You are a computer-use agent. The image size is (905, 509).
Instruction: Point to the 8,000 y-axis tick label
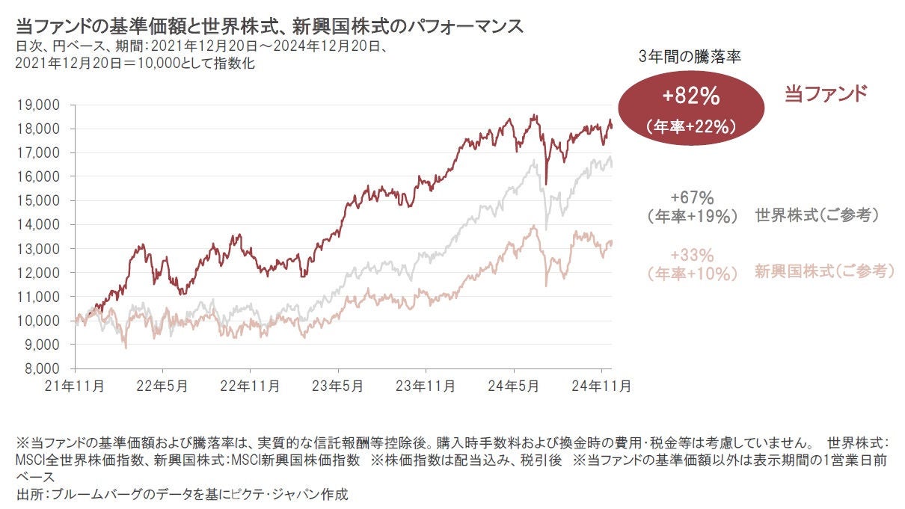[x=37, y=368]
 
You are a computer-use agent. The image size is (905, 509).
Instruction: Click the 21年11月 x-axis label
[x=75, y=386]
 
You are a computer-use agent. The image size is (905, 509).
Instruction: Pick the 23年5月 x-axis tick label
[x=337, y=386]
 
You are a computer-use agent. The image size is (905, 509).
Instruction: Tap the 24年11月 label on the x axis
[x=602, y=386]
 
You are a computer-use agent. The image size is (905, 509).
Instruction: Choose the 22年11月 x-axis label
[x=251, y=386]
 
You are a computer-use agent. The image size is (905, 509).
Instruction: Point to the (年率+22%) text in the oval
[x=690, y=127]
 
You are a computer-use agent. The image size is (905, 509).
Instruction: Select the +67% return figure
[x=693, y=198]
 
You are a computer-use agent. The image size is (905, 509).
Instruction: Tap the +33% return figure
[x=693, y=254]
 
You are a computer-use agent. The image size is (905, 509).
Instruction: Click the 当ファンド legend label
[x=825, y=94]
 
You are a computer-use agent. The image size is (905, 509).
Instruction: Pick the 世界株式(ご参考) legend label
[x=817, y=215]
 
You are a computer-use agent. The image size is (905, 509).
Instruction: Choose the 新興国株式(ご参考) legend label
[x=824, y=271]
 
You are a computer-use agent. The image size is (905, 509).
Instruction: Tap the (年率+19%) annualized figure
[x=693, y=216]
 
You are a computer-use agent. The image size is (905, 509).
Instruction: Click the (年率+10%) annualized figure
[x=693, y=273]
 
